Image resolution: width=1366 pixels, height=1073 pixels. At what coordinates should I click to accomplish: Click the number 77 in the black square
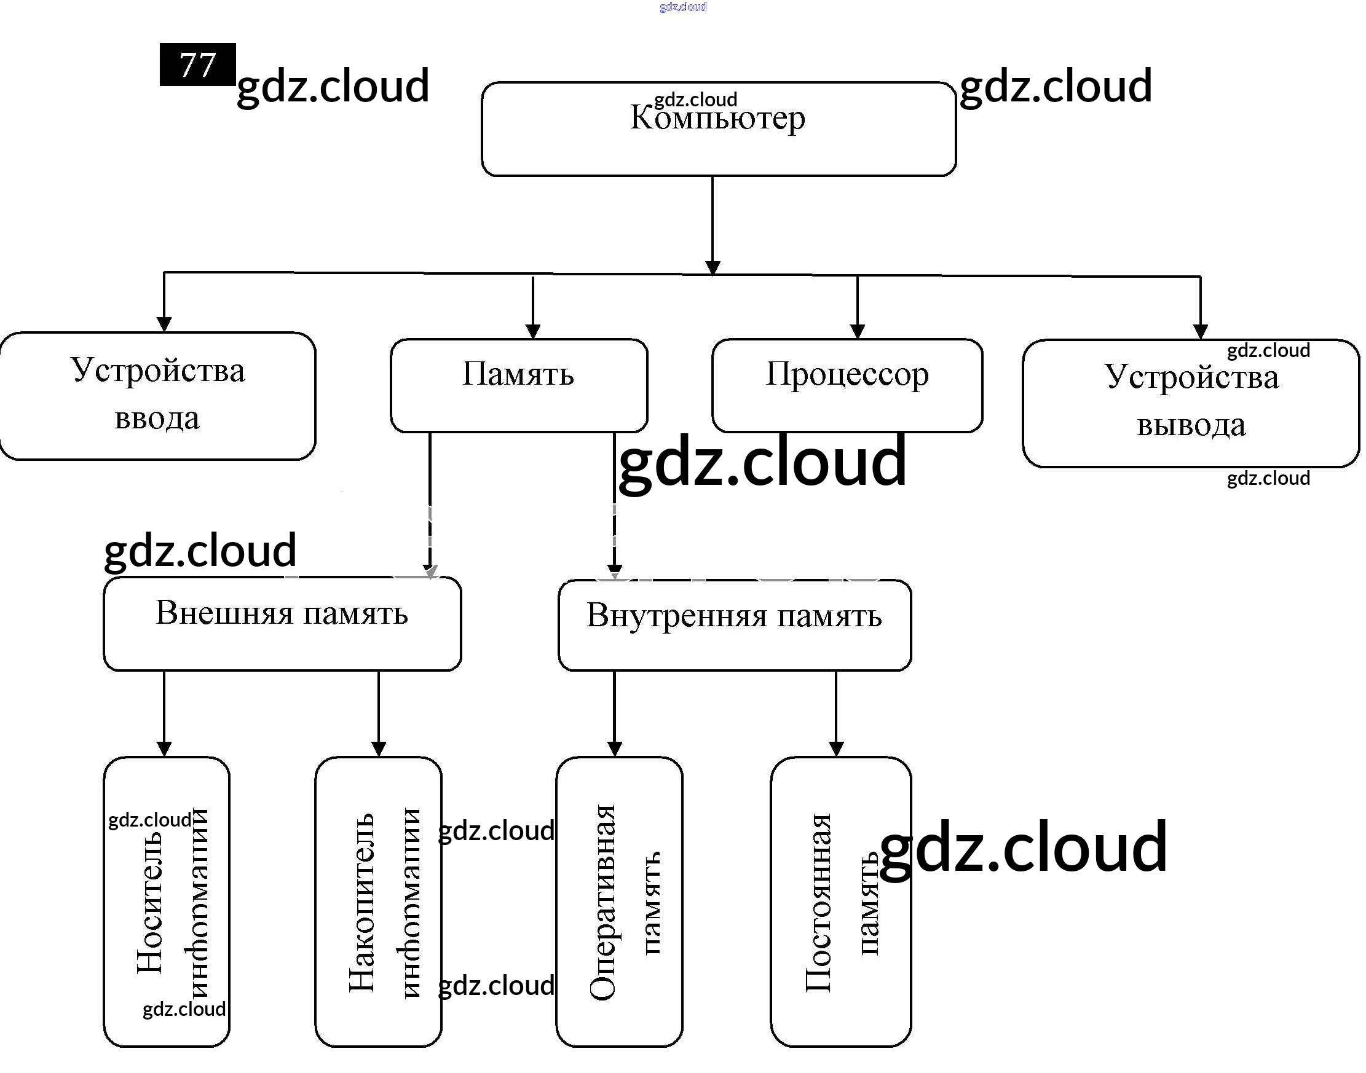[x=197, y=65]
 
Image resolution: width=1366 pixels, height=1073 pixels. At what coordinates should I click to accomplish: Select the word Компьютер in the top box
[x=717, y=118]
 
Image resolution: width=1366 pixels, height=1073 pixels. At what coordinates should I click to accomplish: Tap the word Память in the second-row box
[x=518, y=374]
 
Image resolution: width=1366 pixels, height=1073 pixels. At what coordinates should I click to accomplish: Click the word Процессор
[x=847, y=374]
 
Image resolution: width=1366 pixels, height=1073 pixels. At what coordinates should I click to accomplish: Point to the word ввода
[x=157, y=419]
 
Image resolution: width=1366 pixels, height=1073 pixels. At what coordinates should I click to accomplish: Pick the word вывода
[x=1191, y=425]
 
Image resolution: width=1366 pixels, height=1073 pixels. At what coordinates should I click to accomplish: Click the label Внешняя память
[x=282, y=613]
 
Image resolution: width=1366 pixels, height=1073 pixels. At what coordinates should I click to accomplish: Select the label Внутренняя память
[x=734, y=616]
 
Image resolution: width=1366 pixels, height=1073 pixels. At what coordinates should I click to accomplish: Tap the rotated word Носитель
[x=150, y=903]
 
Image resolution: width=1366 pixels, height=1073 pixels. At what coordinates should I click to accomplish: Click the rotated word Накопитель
[x=362, y=903]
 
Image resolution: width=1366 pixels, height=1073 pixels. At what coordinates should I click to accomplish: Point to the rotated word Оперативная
[x=602, y=902]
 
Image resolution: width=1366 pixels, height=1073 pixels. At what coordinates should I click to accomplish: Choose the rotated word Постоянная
[x=818, y=903]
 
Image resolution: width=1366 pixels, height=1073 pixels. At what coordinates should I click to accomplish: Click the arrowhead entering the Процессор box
[x=858, y=331]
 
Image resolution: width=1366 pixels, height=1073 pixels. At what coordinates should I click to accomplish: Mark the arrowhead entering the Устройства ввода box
[x=164, y=324]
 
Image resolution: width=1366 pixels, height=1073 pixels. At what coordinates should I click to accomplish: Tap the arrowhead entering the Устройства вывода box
[x=1201, y=332]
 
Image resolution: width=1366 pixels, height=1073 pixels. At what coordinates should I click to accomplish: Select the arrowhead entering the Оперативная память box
[x=615, y=749]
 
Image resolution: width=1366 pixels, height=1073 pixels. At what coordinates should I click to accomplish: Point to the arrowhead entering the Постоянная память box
[x=836, y=749]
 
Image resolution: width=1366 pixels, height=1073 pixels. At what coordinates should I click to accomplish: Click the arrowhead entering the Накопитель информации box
[x=378, y=749]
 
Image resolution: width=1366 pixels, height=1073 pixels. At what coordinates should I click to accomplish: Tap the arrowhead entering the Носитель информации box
[x=164, y=749]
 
